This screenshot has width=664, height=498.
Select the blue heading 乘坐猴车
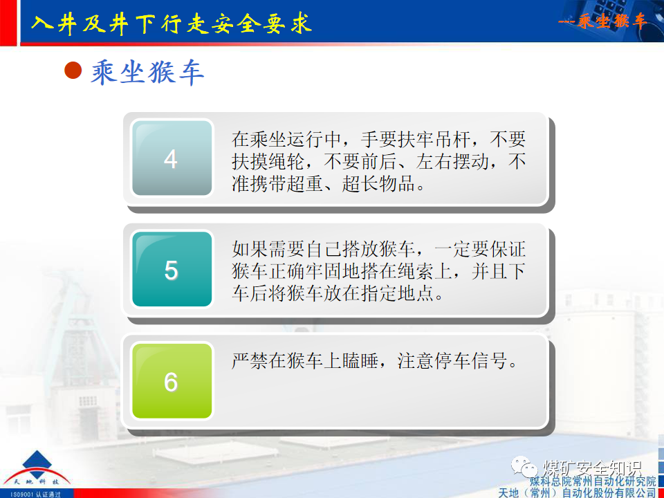(147, 72)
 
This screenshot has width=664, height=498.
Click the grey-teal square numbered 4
(171, 159)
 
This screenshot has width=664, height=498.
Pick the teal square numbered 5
(171, 270)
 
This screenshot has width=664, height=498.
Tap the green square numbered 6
(171, 381)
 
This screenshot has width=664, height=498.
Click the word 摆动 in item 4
(484, 162)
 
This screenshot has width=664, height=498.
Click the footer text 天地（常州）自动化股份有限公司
(577, 492)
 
